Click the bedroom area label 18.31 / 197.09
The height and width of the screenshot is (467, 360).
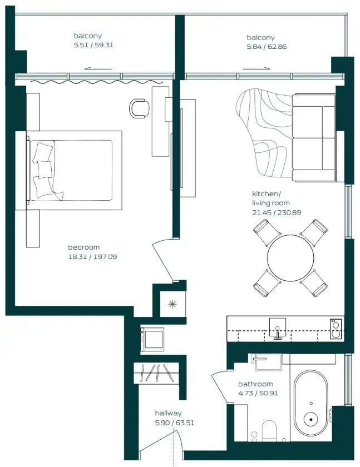tap(92, 257)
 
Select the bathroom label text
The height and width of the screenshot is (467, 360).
tap(255, 384)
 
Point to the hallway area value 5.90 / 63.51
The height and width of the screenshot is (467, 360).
tap(175, 423)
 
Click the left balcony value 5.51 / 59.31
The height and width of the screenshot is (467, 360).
tap(93, 46)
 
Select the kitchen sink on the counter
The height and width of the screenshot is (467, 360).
tap(277, 327)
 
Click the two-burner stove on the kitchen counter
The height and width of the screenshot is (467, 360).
tap(336, 328)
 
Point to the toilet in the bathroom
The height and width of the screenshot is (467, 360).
tap(269, 431)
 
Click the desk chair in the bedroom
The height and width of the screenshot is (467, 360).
tap(139, 108)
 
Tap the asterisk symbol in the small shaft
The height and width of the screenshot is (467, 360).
tap(171, 304)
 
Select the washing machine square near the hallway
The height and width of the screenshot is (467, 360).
tap(152, 338)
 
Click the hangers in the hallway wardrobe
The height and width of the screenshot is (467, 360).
tap(156, 372)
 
